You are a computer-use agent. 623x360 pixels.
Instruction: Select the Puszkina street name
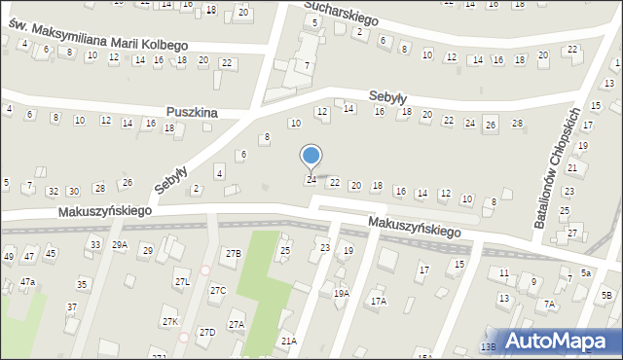tap(191, 113)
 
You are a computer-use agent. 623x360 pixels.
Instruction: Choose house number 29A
tap(119, 245)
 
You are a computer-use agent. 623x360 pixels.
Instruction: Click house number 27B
tap(233, 254)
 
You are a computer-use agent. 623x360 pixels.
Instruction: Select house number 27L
tap(182, 282)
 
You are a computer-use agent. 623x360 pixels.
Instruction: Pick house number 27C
tap(218, 291)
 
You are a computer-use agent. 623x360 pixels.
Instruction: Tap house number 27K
tap(170, 322)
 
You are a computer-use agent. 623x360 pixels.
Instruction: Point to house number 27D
tap(206, 333)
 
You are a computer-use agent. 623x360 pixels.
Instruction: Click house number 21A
tap(288, 341)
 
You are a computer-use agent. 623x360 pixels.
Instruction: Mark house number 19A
tap(341, 293)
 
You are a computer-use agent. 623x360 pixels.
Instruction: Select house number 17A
tap(378, 302)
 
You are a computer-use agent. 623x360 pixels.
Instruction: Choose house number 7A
tap(549, 305)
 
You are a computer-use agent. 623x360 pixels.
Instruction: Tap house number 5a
tap(586, 273)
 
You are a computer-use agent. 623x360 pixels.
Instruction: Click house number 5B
tap(606, 295)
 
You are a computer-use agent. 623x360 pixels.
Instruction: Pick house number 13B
tap(488, 346)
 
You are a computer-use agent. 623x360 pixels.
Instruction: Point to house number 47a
tap(28, 282)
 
